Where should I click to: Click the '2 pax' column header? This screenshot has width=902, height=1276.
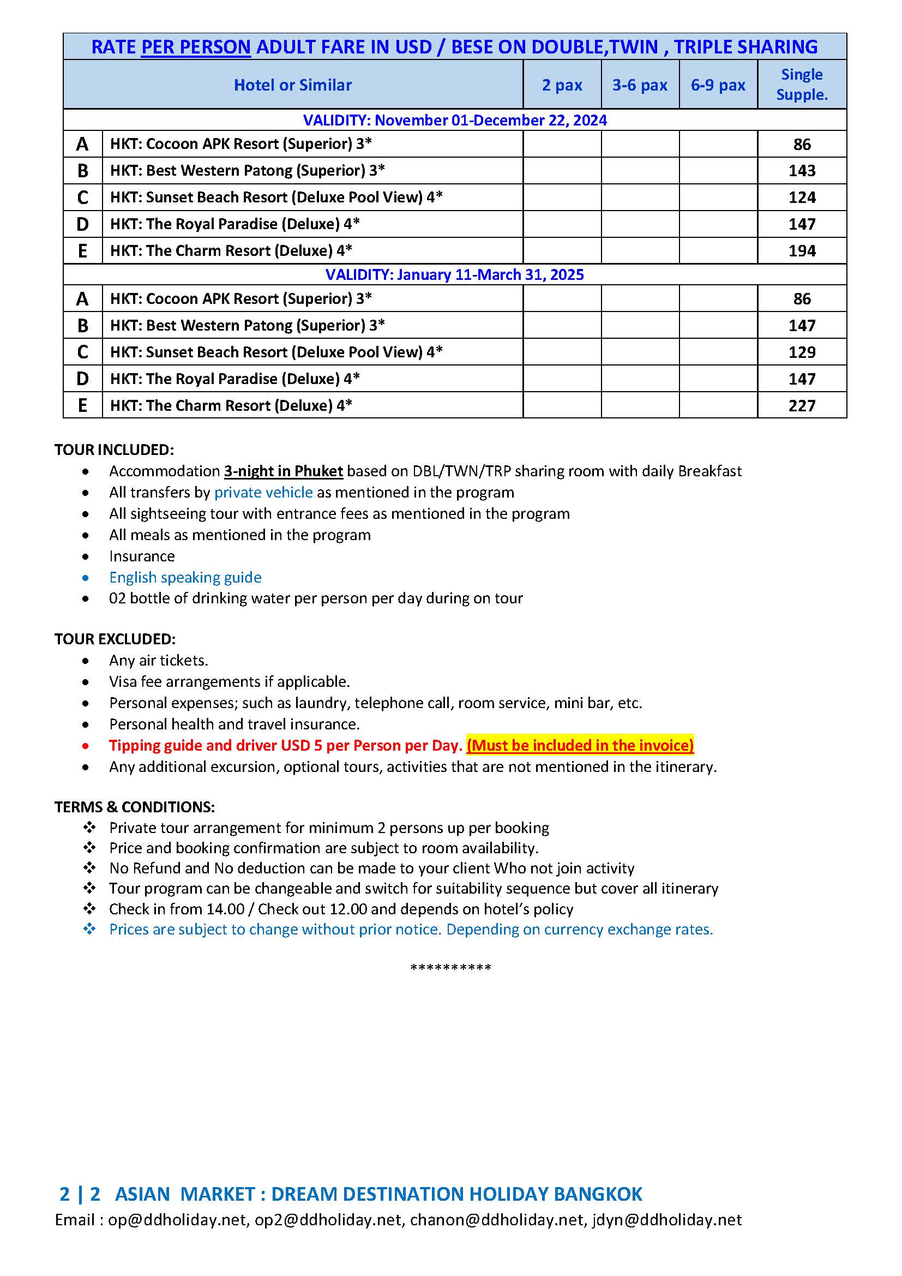(562, 85)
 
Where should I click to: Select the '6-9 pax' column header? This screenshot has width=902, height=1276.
(718, 85)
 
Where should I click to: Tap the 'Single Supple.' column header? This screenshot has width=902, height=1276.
(802, 85)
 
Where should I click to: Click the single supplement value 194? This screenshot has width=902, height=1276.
(802, 250)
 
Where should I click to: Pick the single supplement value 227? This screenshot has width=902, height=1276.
(802, 406)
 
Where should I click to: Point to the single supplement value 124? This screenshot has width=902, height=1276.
(802, 197)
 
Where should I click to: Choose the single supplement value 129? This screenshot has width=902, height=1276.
(802, 352)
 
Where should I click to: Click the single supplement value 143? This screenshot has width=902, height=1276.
(802, 171)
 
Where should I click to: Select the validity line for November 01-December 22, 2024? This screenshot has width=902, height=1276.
(454, 120)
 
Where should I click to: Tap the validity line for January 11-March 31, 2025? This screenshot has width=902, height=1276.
(454, 274)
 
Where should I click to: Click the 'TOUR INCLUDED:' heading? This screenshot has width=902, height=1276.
(114, 450)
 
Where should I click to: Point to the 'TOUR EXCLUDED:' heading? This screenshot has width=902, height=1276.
(115, 639)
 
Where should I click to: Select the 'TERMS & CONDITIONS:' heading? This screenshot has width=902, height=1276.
(134, 807)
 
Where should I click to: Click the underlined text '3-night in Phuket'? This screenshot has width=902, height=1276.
(283, 471)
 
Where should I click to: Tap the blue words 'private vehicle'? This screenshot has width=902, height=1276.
(263, 493)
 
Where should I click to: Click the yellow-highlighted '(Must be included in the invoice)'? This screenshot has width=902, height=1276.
(580, 745)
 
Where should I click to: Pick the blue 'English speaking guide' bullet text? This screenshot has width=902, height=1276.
(185, 577)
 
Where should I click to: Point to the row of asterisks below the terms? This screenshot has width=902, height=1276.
(450, 968)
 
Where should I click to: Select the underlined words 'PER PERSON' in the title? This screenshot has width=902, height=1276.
(196, 47)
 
